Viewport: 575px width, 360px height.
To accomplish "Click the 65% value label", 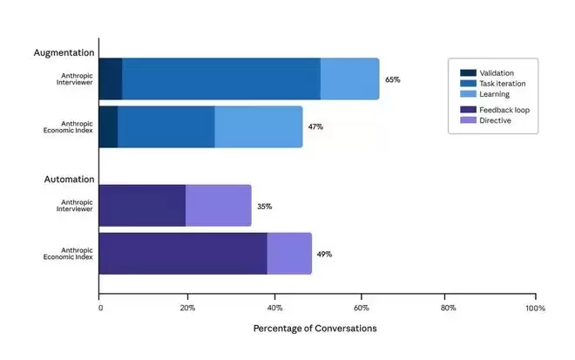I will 392,79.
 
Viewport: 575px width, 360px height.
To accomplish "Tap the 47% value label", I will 315,126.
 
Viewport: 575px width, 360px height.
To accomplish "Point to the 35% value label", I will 264,207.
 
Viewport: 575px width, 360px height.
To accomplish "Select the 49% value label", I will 324,254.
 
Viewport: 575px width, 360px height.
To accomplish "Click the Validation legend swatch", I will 469,72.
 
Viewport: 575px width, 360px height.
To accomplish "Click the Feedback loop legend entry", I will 504,110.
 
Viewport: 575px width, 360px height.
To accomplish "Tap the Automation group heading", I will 69,180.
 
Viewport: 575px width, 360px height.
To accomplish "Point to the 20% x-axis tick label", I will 186,308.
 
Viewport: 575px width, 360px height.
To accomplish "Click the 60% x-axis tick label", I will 361,308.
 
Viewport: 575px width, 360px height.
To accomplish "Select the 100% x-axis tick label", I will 535,308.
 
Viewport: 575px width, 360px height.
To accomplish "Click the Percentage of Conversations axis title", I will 315,329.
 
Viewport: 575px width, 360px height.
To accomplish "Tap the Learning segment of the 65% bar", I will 349,79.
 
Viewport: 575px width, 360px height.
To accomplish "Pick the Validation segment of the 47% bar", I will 108,127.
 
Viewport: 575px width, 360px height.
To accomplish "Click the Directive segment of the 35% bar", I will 218,206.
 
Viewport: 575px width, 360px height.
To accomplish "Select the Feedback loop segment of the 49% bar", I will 183,254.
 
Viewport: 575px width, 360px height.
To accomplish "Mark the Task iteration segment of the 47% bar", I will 166,127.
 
